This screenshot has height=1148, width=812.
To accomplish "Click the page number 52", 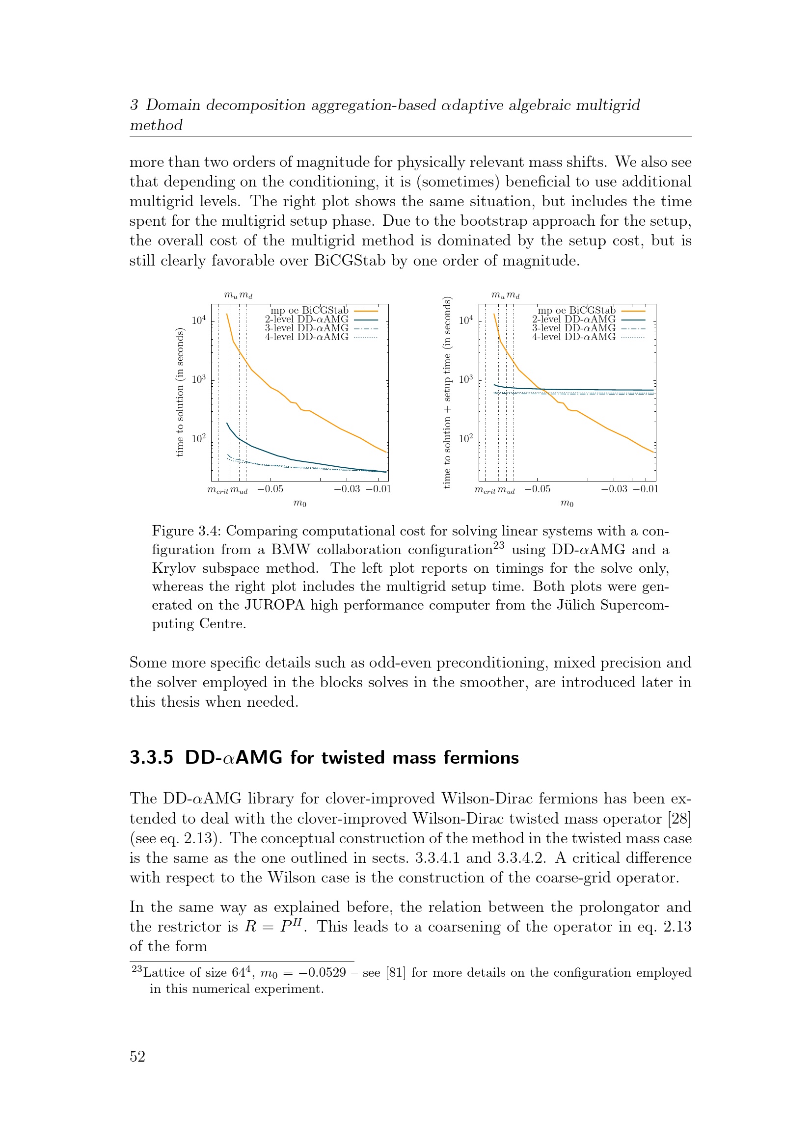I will click(137, 1056).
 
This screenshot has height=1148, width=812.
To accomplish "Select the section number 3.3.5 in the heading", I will click(151, 757).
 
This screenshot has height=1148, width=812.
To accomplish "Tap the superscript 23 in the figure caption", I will click(498, 545).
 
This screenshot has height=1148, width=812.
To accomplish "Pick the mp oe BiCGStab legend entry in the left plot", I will click(309, 311).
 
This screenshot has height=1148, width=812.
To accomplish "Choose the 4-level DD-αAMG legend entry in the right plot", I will click(573, 337).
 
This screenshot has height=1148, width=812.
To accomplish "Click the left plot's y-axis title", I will click(180, 393).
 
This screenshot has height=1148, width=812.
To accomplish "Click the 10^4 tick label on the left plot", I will click(199, 320).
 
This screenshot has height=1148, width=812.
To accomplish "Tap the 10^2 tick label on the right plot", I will click(466, 438).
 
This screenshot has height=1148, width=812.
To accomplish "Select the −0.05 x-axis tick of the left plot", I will click(270, 489).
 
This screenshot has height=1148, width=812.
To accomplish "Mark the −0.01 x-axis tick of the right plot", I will click(646, 489).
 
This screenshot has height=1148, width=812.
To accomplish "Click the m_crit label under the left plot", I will click(217, 490).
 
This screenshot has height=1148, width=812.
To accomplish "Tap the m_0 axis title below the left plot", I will click(300, 503).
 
